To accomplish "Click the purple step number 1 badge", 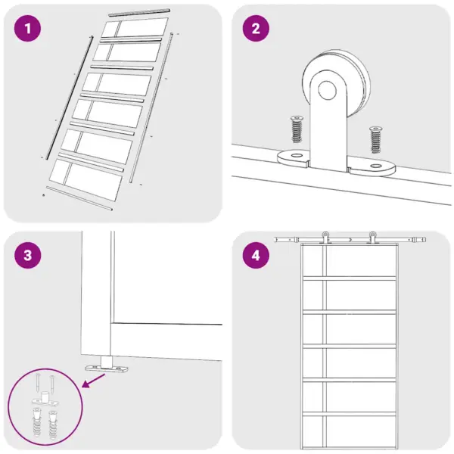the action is point(27,29).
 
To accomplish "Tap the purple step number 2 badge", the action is point(256,29).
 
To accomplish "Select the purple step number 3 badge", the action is point(27,255).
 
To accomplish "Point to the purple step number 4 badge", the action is point(256,255).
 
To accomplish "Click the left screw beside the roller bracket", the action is point(297,129).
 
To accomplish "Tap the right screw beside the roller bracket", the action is point(375,139).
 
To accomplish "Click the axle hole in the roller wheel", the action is point(327,90).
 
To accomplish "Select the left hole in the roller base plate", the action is point(296,155).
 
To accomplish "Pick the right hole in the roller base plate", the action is point(376,166).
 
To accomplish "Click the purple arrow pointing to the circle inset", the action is point(94,380).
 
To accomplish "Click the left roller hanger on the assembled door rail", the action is point(325,238).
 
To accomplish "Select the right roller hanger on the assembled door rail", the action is point(372,238).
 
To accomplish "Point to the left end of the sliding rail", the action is point(276,240).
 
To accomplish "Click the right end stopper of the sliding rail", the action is point(424,240).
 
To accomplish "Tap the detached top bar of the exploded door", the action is point(139,12).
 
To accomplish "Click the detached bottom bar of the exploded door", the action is point(79,198).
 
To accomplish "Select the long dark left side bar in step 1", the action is point(70,98).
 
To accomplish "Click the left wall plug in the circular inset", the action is point(37,422).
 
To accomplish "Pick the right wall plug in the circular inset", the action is point(53,424).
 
